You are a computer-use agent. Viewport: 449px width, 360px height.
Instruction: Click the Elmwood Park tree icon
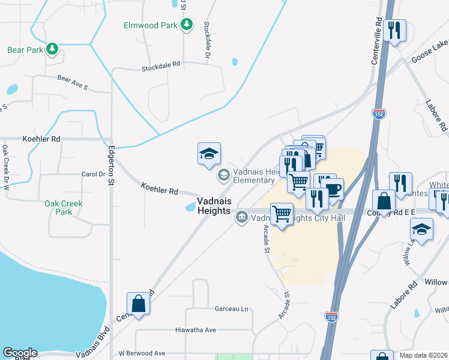[x=187, y=25]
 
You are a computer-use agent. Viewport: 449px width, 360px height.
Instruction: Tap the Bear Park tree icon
[x=53, y=49]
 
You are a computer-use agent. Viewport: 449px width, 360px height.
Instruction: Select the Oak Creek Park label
[x=63, y=208]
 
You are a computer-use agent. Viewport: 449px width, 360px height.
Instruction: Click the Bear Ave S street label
[x=73, y=83]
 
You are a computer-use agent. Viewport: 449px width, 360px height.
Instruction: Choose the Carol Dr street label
[x=93, y=175]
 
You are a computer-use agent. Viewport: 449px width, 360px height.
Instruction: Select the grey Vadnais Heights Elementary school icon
[x=223, y=175]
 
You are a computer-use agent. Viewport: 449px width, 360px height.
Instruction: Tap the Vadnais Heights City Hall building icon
[x=242, y=218]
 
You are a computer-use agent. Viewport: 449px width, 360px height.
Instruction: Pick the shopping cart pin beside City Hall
[x=282, y=214]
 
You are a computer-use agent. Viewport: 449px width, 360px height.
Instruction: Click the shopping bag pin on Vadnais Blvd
[x=139, y=303]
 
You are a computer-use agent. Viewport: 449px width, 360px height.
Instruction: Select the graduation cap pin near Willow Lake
[x=422, y=229]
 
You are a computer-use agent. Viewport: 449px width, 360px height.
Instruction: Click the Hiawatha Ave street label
[x=195, y=330]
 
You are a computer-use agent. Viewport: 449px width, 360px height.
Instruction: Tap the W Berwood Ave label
[x=142, y=353]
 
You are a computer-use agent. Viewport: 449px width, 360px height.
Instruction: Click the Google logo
[x=20, y=353]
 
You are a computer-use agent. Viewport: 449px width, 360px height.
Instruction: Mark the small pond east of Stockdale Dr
[x=234, y=61]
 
